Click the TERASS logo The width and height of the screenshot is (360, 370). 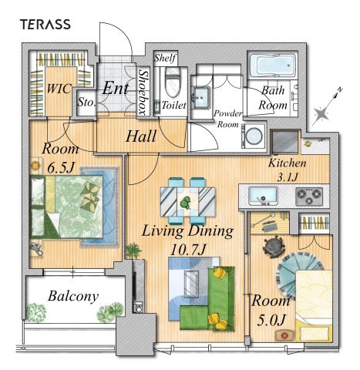click(x=45, y=25)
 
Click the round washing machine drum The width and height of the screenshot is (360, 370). click(x=254, y=135)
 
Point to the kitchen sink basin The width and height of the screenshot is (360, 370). click(x=263, y=197)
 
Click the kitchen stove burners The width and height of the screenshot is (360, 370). click(x=309, y=197)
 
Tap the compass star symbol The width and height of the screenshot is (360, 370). click(x=321, y=114)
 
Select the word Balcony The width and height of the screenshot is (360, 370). click(x=73, y=296)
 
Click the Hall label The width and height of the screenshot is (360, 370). click(x=141, y=136)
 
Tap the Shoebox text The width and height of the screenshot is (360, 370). click(x=143, y=92)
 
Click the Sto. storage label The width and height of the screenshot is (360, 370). click(x=87, y=103)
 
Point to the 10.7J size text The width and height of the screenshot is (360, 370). click(x=188, y=249)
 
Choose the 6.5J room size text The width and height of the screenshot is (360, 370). click(x=61, y=168)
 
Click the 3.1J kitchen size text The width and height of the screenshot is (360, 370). click(x=288, y=177)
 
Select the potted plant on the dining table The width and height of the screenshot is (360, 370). click(x=185, y=203)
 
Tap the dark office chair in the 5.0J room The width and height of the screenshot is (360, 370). click(x=274, y=247)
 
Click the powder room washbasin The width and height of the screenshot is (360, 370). click(x=202, y=97)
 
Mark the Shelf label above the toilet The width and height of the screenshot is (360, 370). click(x=165, y=58)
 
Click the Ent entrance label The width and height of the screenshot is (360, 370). click(x=116, y=88)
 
